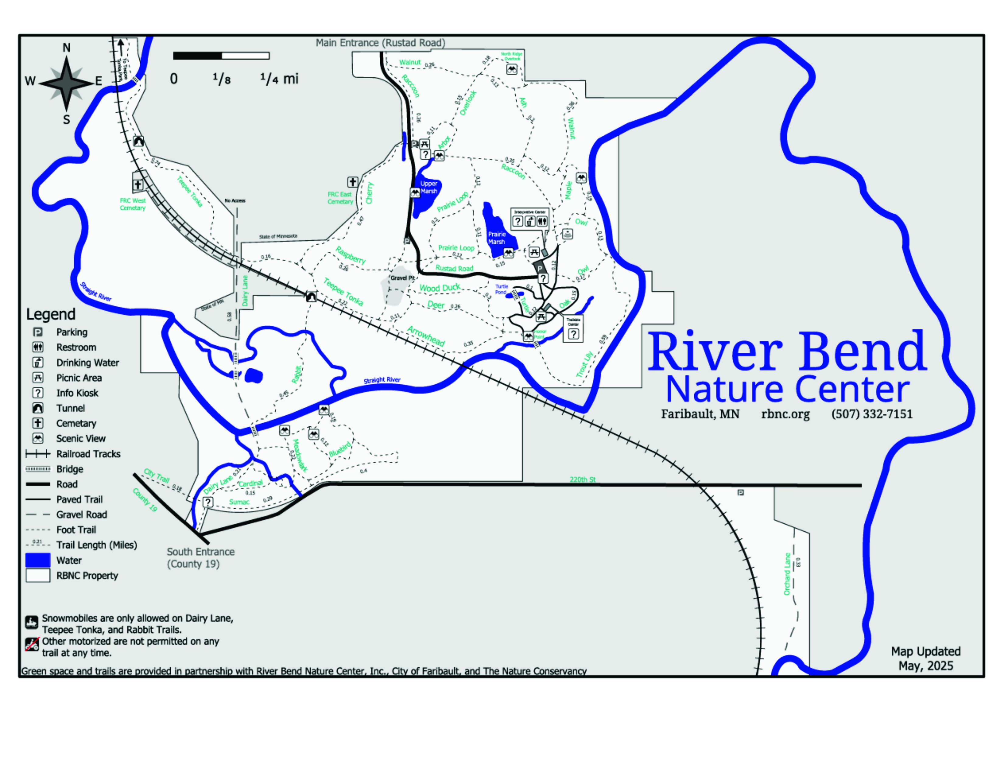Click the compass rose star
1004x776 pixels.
coord(67,83)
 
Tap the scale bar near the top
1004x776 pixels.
coord(221,56)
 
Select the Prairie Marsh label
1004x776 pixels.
coord(497,238)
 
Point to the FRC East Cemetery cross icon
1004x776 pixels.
coord(353,182)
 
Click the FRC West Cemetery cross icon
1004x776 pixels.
coord(138,185)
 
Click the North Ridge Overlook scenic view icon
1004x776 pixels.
coord(512,69)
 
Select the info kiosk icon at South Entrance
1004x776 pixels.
coord(208,502)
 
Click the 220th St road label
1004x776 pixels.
coord(582,480)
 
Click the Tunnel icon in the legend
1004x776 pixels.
coord(38,408)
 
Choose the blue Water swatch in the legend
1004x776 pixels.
coord(38,560)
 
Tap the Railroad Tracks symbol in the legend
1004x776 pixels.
coord(38,454)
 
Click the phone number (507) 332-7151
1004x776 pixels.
coord(872,414)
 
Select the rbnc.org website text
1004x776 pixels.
coord(785,414)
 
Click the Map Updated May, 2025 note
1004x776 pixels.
coord(926,658)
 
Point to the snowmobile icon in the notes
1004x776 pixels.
coord(32,622)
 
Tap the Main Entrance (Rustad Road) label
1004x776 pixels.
coord(380,43)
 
